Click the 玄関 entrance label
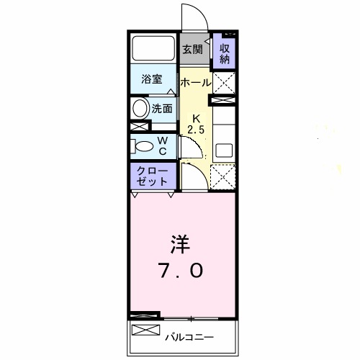[193, 50]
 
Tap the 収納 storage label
[225, 54]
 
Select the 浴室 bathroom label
[152, 79]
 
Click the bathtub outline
[153, 48]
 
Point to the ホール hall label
[196, 83]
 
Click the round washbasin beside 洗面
[140, 108]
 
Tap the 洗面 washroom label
[162, 109]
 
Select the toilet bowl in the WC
[144, 146]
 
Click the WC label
[163, 146]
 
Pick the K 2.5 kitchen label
[196, 125]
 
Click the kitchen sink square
[224, 150]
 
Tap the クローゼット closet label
[152, 176]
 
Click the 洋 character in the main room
[180, 244]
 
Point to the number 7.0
[181, 271]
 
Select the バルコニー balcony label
[189, 338]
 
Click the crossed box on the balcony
[146, 330]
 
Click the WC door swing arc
[195, 144]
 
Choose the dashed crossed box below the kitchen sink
[222, 177]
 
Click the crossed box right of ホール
[224, 83]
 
